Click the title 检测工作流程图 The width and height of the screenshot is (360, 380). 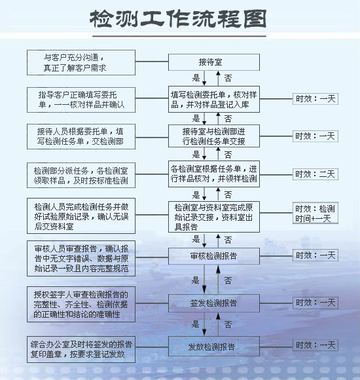[x=178, y=19]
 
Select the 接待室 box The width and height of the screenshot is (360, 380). [x=214, y=62]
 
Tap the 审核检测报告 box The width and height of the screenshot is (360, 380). [x=214, y=256]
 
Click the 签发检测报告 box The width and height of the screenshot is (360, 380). [x=214, y=303]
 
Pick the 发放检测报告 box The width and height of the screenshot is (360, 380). [x=214, y=347]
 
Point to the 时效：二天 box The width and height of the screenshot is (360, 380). [x=315, y=174]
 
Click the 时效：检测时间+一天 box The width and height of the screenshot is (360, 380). [x=315, y=213]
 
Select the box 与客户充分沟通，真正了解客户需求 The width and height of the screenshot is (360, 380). [x=81, y=62]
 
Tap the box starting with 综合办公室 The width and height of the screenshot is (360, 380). [x=81, y=349]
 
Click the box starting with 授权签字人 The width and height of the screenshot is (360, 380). [x=81, y=305]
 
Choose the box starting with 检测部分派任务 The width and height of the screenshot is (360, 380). [x=81, y=175]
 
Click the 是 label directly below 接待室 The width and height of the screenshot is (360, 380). [x=196, y=78]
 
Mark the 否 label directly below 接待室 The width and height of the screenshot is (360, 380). [x=228, y=78]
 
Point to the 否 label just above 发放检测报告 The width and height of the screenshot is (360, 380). [x=228, y=324]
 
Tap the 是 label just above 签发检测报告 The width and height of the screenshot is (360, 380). [x=195, y=280]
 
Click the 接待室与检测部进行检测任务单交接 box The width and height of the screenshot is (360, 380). [x=214, y=136]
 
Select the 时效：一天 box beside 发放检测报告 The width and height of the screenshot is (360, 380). [x=315, y=345]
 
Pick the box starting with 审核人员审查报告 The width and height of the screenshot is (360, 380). [x=81, y=259]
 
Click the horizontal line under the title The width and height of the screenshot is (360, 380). [x=179, y=37]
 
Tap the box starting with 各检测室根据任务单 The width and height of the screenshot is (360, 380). [x=214, y=174]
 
